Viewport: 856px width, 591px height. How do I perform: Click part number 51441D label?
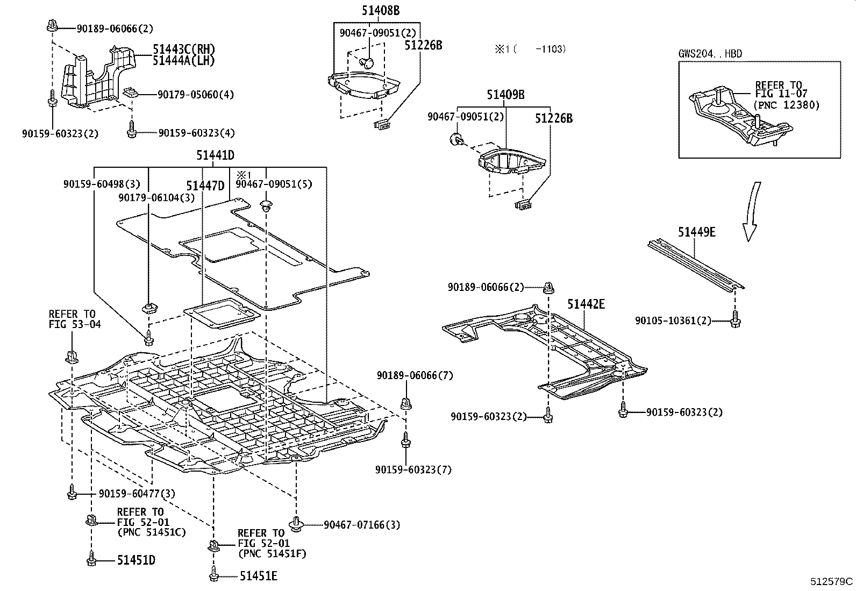[x=215, y=156]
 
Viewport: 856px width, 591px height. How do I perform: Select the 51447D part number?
[x=205, y=186]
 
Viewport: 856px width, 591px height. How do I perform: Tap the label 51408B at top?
[x=380, y=10]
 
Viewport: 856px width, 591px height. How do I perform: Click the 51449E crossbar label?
[x=696, y=232]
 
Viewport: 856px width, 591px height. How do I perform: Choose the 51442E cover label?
[x=586, y=305]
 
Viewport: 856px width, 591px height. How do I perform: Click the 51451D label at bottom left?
[x=136, y=560]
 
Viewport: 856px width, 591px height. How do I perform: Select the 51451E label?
[x=258, y=576]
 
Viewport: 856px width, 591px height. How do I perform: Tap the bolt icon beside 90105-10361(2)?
[x=735, y=321]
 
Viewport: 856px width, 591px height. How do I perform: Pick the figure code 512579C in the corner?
[x=832, y=581]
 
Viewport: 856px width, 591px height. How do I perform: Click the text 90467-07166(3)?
[x=362, y=524]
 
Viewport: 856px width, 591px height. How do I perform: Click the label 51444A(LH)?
[x=183, y=61]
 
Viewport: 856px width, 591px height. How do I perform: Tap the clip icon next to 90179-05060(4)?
[x=130, y=92]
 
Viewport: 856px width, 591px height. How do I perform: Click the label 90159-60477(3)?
[x=137, y=493]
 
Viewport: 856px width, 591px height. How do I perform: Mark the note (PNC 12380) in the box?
[x=786, y=105]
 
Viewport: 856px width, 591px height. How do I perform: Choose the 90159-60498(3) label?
[x=102, y=184]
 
